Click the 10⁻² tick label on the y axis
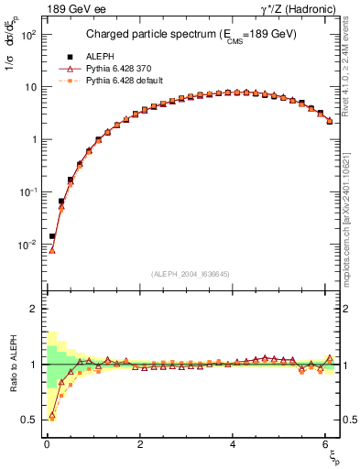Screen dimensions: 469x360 (x=25, y=245)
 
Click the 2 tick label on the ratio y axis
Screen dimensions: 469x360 (x=32, y=310)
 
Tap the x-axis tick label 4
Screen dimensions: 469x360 (x=234, y=444)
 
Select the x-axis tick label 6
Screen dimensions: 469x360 (x=327, y=444)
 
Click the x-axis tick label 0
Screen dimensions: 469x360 (x=47, y=444)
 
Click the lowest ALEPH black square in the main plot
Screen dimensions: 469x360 (x=52, y=235)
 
